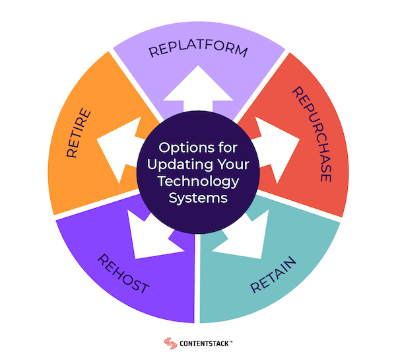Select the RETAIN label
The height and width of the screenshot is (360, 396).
[x=273, y=275]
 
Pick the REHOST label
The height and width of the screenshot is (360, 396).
[x=123, y=273]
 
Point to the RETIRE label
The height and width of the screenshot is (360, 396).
[x=79, y=133]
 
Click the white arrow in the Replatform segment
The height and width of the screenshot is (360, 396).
[x=198, y=89]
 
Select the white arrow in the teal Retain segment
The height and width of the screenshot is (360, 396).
[x=242, y=236]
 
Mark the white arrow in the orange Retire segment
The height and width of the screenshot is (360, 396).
[x=120, y=149]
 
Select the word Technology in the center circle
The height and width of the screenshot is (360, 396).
[x=198, y=182]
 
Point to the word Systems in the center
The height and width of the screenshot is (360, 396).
[x=198, y=198]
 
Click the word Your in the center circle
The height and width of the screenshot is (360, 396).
[x=234, y=164]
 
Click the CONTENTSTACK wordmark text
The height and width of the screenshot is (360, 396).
[x=205, y=343]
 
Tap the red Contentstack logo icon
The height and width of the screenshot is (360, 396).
[x=170, y=343]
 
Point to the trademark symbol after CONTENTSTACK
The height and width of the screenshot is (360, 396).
[x=231, y=342]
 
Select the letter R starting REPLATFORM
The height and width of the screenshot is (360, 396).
[x=152, y=52]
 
